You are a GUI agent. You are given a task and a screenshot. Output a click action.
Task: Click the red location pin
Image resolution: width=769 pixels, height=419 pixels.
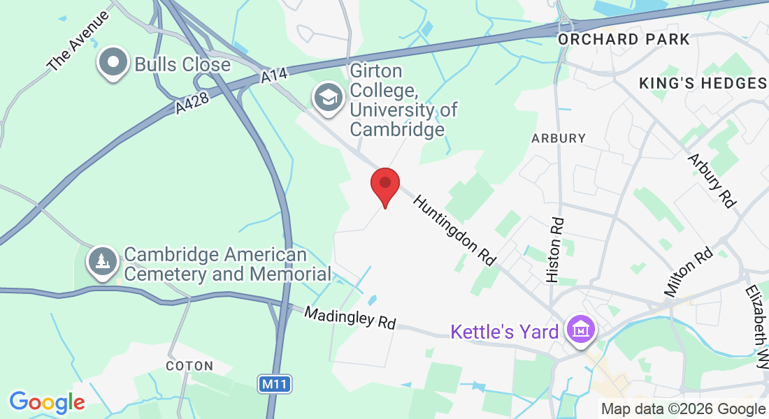pyautogui.click(x=384, y=185)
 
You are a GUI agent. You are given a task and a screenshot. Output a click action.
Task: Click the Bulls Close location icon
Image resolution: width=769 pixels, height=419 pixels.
pyautogui.click(x=112, y=63)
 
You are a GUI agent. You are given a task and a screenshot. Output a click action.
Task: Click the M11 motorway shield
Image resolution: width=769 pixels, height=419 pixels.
pyautogui.click(x=275, y=383)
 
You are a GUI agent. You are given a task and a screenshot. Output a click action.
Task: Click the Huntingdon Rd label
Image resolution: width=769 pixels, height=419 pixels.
pyautogui.click(x=454, y=230)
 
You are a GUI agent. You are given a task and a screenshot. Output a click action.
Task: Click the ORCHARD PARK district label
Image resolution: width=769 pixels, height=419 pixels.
pyautogui.click(x=624, y=39)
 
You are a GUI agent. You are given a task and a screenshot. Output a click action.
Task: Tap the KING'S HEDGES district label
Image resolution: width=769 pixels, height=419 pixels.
pyautogui.click(x=703, y=84)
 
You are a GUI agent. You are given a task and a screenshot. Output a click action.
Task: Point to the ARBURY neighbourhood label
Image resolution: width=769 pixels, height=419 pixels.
pyautogui.click(x=559, y=138)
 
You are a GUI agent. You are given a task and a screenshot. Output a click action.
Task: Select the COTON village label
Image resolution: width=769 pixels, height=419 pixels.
pyautogui.click(x=189, y=366)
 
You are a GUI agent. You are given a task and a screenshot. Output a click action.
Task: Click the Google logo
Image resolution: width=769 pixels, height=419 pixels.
pyautogui.click(x=47, y=402)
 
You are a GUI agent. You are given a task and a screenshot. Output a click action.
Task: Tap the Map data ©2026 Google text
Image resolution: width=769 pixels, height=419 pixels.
pyautogui.click(x=683, y=409)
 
